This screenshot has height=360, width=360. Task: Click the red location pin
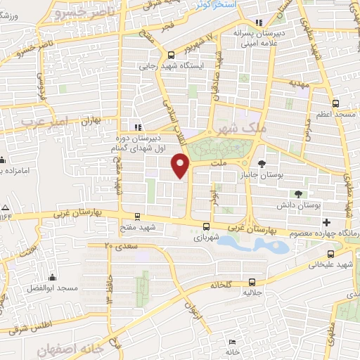[x=181, y=166]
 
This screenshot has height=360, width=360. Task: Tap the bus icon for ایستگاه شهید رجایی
[x=171, y=54]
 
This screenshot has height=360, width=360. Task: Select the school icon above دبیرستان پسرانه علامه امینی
[x=259, y=22]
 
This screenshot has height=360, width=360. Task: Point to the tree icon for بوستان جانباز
[x=262, y=165]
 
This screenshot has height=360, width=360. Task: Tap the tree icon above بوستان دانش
[x=299, y=194]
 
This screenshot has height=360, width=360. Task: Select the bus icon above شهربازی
[x=206, y=226]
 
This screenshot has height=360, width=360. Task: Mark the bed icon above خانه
[x=232, y=342]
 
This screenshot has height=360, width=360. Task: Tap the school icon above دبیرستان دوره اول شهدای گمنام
[x=138, y=127]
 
